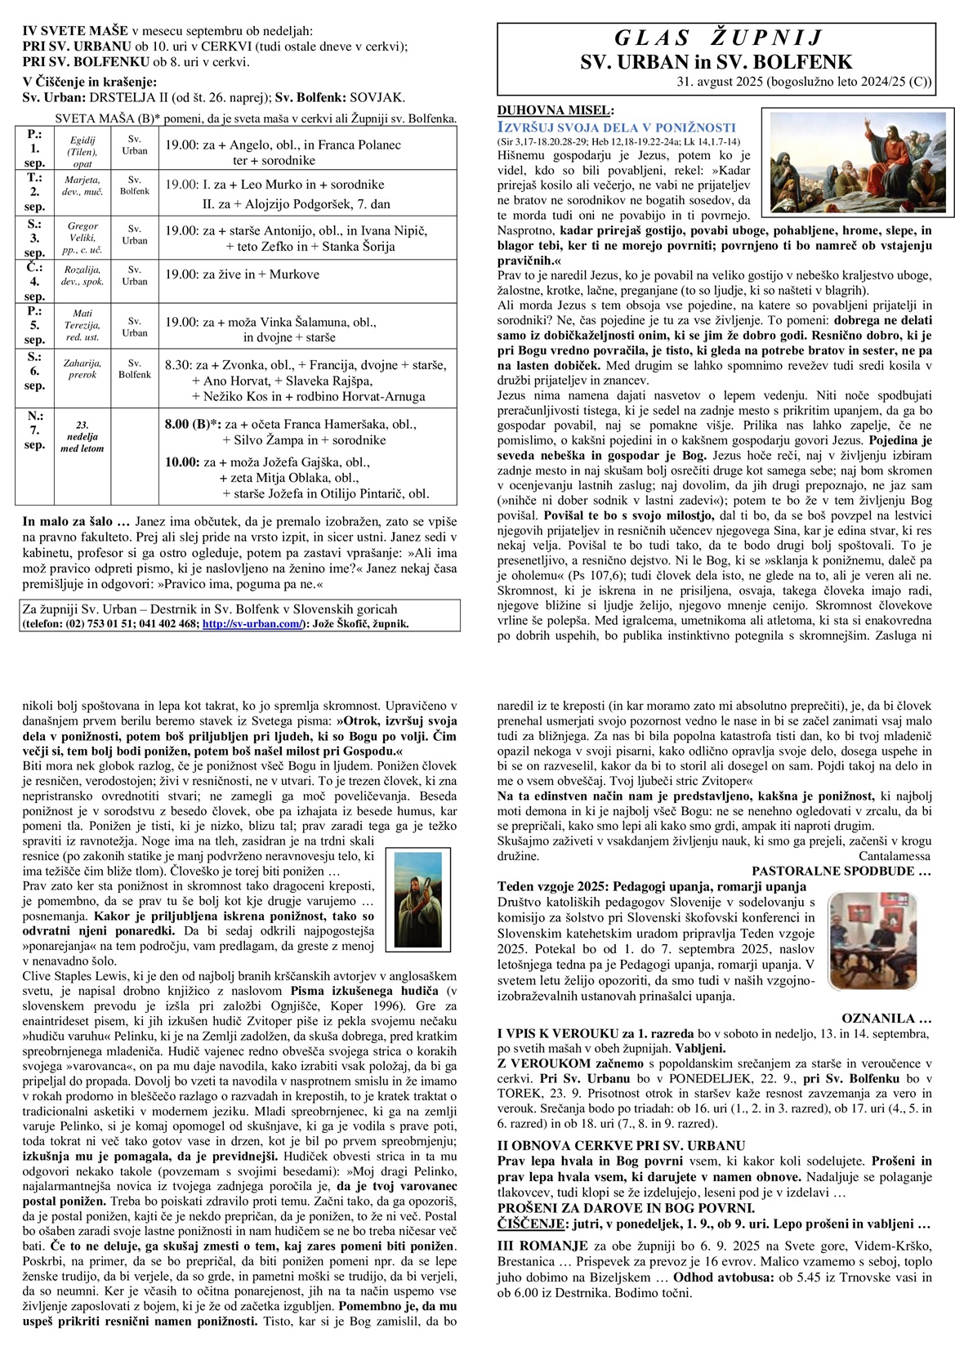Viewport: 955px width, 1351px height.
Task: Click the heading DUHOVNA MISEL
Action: point(555,110)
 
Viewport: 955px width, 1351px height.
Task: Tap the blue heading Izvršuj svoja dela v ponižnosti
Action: point(616,127)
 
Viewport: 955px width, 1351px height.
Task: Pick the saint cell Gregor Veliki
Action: point(83,237)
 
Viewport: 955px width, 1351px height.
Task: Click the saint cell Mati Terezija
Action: point(83,325)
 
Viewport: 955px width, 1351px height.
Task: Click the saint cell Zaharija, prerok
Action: point(83,369)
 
